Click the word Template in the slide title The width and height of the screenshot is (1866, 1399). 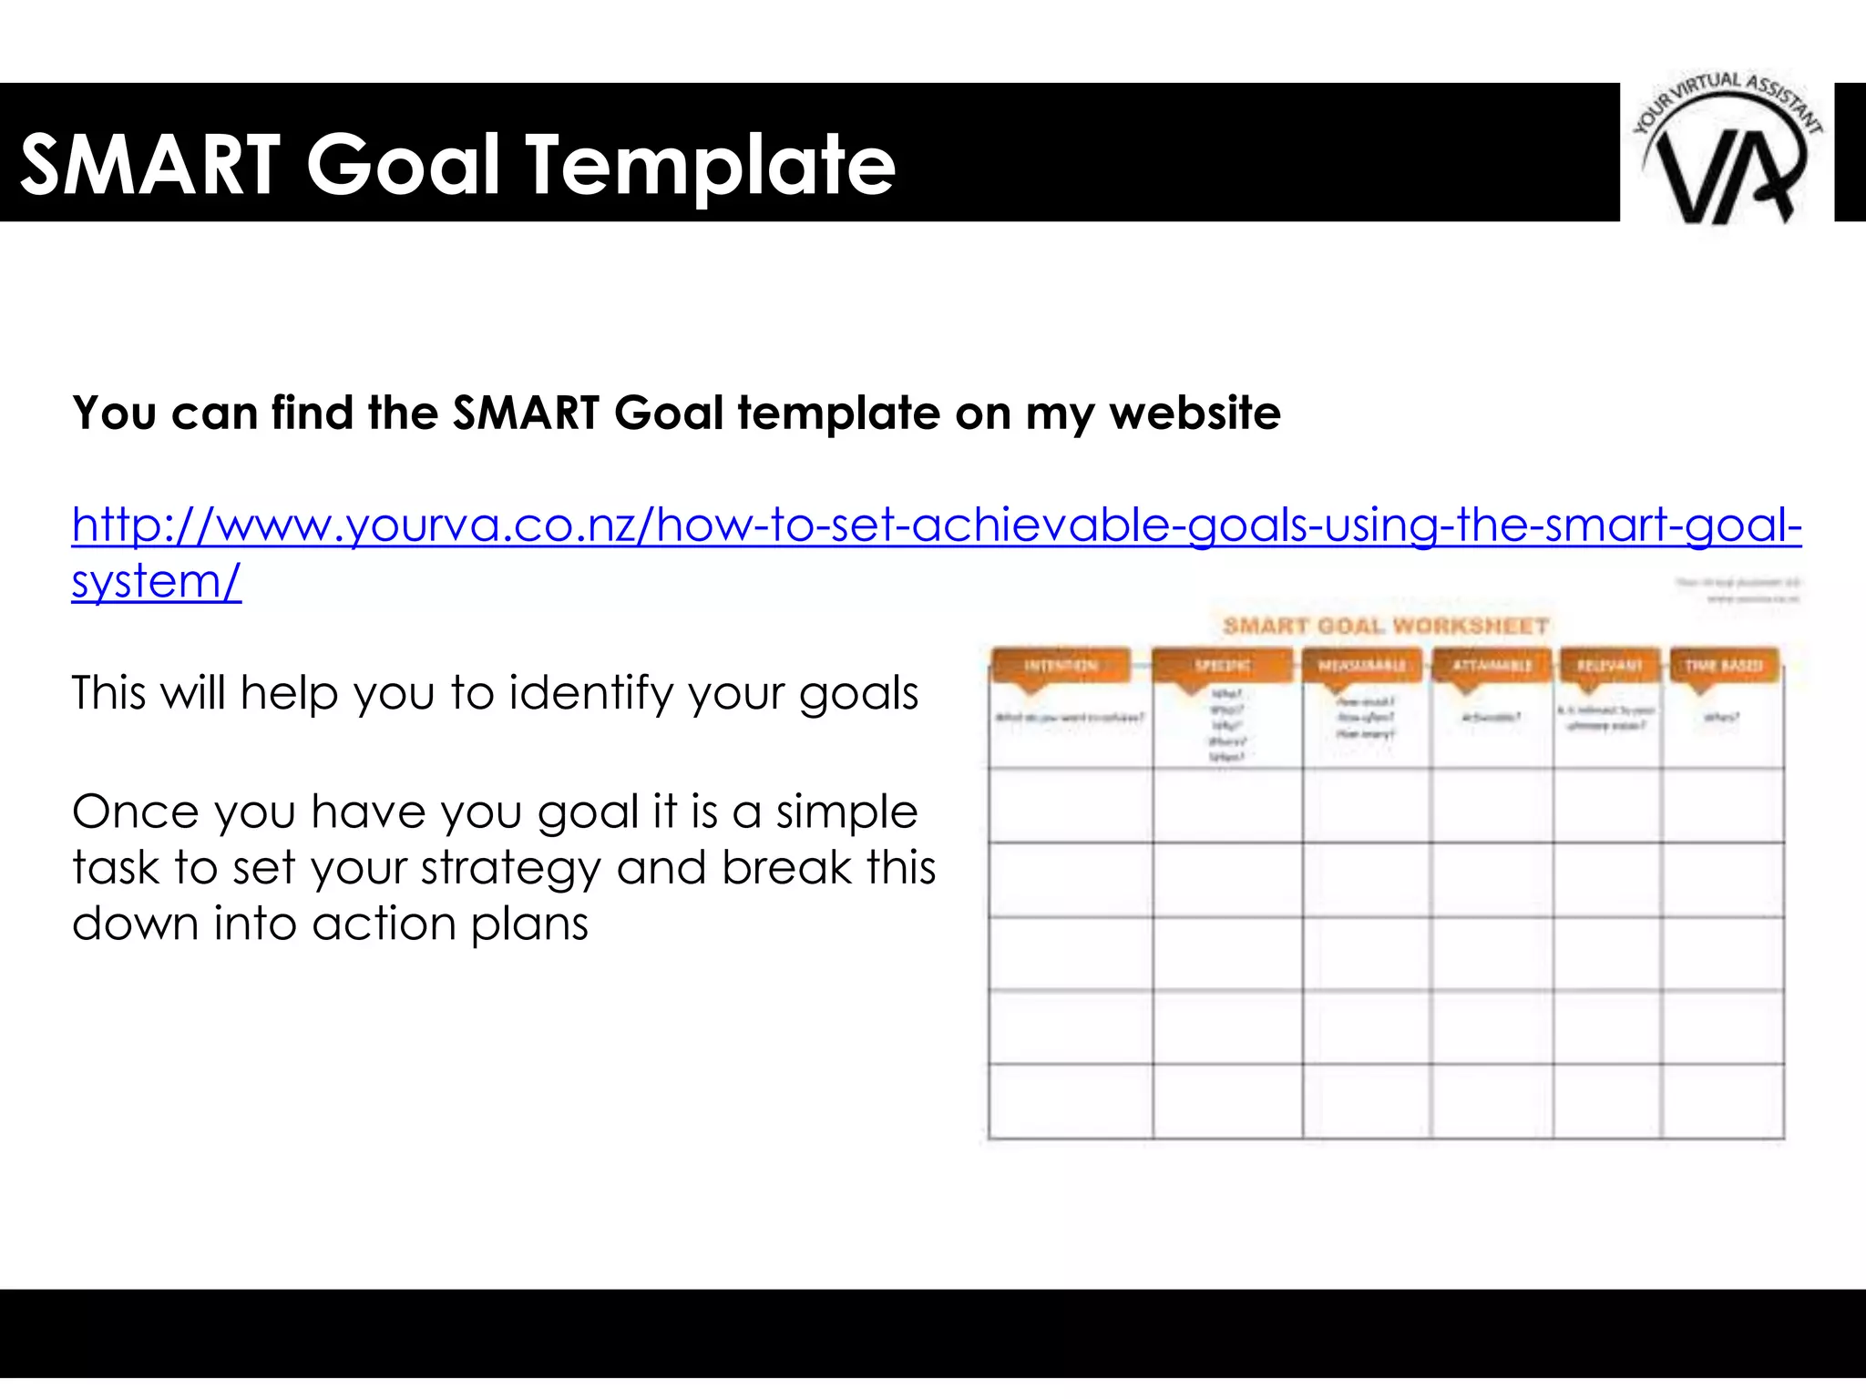coord(711,165)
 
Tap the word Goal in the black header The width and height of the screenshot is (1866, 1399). coord(403,165)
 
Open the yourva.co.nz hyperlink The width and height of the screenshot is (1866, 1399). coord(936,526)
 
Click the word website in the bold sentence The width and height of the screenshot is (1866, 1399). coord(1194,413)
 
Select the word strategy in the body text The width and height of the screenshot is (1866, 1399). coord(456,868)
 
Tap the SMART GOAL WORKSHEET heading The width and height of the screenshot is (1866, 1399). coord(1385,626)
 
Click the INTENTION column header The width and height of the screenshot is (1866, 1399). coord(1061,666)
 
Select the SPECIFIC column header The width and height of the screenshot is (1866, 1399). coord(1223,666)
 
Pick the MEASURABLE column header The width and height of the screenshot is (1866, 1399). coord(1362,666)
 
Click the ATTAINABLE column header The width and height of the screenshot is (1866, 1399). coord(1492,666)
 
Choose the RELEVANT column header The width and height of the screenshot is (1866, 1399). coord(1609,666)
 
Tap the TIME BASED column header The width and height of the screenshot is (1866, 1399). coord(1723,666)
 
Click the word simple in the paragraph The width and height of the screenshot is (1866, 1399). coord(846,812)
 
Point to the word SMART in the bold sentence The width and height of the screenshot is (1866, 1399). coord(526,413)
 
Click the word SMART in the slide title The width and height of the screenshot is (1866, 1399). coord(150,165)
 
